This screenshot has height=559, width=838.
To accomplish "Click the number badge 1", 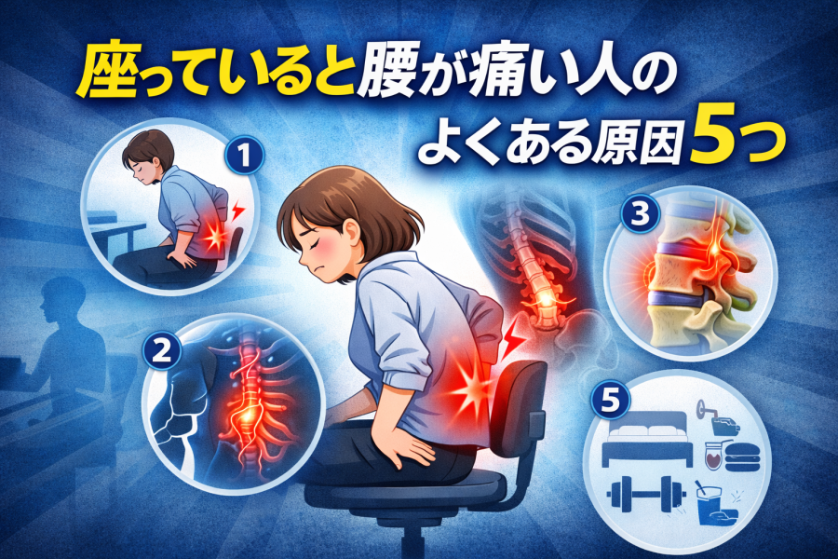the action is (244, 156).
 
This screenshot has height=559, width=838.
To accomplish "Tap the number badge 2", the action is (161, 351).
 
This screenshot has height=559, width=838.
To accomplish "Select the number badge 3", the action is (640, 214).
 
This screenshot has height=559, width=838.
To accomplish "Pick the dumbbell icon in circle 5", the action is (647, 493).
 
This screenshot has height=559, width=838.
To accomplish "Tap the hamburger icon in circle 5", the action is (742, 457).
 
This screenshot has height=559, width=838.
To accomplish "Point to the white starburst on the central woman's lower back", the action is (471, 391).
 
